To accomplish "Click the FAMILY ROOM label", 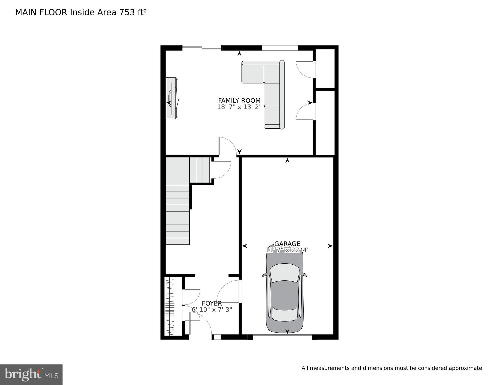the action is (x=239, y=101).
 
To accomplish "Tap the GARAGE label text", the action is (x=287, y=244).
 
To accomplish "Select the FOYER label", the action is (x=212, y=303).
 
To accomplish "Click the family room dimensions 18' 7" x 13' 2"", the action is (x=239, y=107).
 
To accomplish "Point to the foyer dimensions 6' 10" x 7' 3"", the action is (x=212, y=310).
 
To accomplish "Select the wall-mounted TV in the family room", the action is (x=171, y=98).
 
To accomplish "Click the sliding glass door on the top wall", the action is (x=202, y=47).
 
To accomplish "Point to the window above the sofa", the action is (x=280, y=48).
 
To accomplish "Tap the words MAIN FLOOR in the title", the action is (x=41, y=12).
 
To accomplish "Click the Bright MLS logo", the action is (x=31, y=375).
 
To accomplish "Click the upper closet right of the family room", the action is (x=325, y=68).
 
